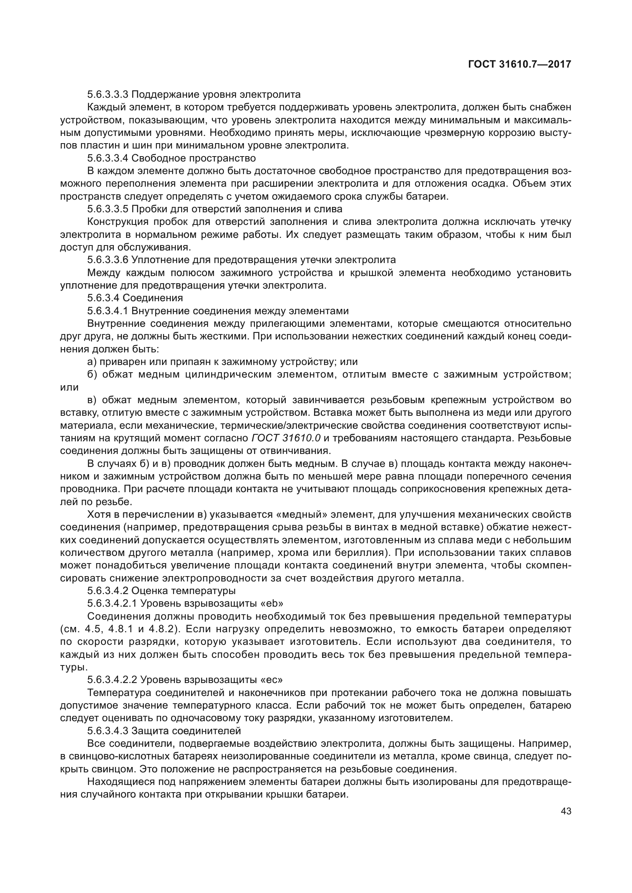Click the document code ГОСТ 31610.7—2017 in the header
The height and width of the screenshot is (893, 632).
[x=520, y=64]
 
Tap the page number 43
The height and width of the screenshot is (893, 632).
[x=566, y=811]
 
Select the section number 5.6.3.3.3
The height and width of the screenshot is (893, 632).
[x=108, y=95]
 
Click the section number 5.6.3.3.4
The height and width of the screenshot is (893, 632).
[x=108, y=158]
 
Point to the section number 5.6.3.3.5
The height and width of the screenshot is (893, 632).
[x=108, y=209]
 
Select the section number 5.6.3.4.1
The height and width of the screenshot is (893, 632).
[x=108, y=311]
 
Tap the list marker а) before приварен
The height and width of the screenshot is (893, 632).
[x=92, y=362]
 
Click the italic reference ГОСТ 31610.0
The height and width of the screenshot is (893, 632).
[x=286, y=438]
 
